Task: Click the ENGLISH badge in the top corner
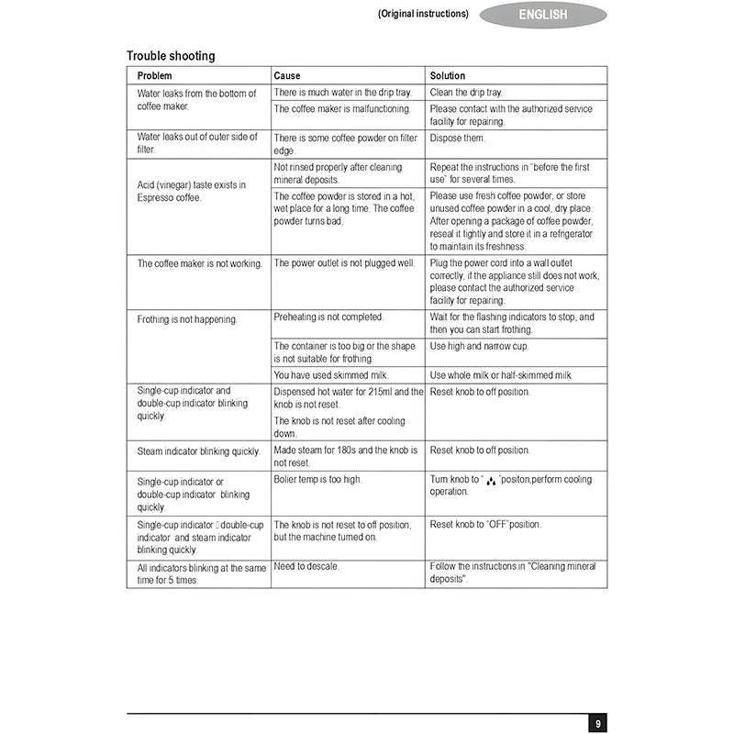(x=543, y=15)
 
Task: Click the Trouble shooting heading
(x=171, y=56)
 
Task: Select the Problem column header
(x=155, y=75)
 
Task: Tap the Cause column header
(x=287, y=75)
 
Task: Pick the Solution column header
(x=448, y=75)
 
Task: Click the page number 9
(x=597, y=724)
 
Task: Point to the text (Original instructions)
(x=423, y=14)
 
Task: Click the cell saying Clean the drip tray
(x=466, y=93)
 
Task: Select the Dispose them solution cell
(x=458, y=138)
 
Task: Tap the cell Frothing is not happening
(x=187, y=320)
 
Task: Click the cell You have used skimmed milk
(x=331, y=375)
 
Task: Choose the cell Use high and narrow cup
(x=479, y=346)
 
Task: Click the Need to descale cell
(x=306, y=566)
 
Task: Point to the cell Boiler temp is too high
(x=318, y=479)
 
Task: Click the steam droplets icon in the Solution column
(x=491, y=480)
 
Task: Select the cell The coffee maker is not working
(x=200, y=263)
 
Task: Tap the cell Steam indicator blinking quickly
(x=199, y=451)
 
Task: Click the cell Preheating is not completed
(x=328, y=317)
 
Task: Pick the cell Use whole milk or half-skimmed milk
(x=501, y=375)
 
